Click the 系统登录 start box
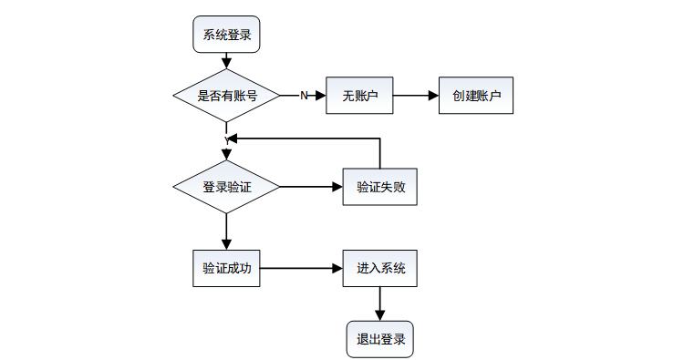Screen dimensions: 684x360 click(x=226, y=35)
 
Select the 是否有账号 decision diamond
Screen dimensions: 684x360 click(x=226, y=96)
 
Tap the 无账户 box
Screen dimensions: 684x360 click(x=359, y=96)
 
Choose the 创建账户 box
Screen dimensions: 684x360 click(x=476, y=96)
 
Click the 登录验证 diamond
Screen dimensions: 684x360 click(x=226, y=187)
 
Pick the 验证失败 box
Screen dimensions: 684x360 click(x=380, y=187)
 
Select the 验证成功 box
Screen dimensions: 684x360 click(x=226, y=269)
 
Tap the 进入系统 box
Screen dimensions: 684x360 click(x=380, y=269)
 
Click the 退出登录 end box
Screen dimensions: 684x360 click(x=380, y=340)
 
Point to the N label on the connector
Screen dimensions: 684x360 click(x=304, y=96)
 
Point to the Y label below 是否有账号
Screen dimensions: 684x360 click(x=227, y=140)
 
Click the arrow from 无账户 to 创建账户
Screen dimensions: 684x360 click(x=416, y=96)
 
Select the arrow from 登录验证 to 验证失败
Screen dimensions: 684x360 click(x=312, y=187)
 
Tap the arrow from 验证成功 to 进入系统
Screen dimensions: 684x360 click(x=302, y=269)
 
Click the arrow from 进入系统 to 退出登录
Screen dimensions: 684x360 click(x=380, y=303)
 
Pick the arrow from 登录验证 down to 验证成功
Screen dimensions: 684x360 click(x=226, y=231)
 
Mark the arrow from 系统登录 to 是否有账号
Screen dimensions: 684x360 click(x=226, y=61)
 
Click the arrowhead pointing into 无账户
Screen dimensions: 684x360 click(x=321, y=96)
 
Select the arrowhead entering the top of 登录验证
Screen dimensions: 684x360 click(x=226, y=155)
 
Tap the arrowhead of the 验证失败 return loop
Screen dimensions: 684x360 click(x=233, y=139)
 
